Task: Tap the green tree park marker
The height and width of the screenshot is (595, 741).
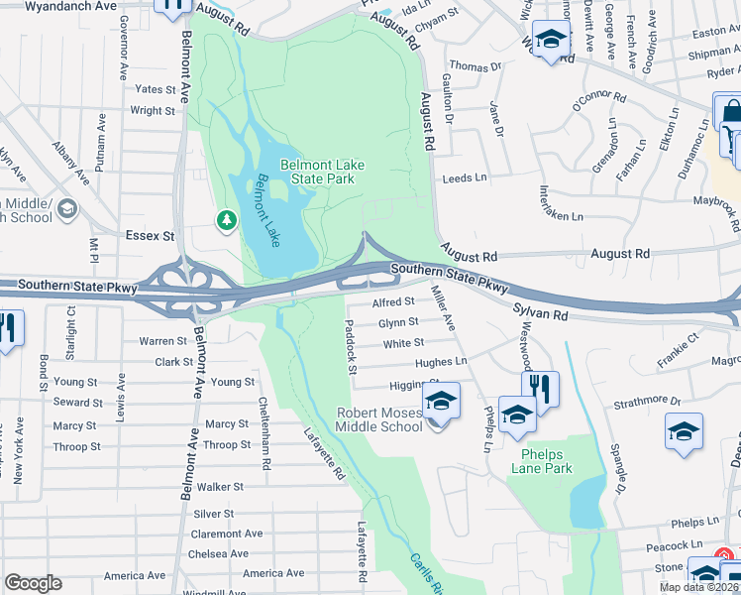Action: (x=227, y=219)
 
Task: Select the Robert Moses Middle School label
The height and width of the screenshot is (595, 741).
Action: (x=379, y=419)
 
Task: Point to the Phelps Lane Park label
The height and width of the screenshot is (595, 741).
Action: (x=541, y=461)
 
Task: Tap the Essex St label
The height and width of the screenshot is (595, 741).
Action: (x=150, y=237)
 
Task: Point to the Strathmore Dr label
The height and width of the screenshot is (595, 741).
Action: (x=648, y=402)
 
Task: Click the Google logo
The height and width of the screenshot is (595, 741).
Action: (x=34, y=583)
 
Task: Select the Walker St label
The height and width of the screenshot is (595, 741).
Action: (x=220, y=487)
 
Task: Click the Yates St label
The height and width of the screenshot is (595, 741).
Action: (x=155, y=89)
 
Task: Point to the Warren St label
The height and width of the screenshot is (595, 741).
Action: (x=162, y=341)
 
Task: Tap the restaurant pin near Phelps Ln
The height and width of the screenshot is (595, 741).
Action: (x=541, y=387)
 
